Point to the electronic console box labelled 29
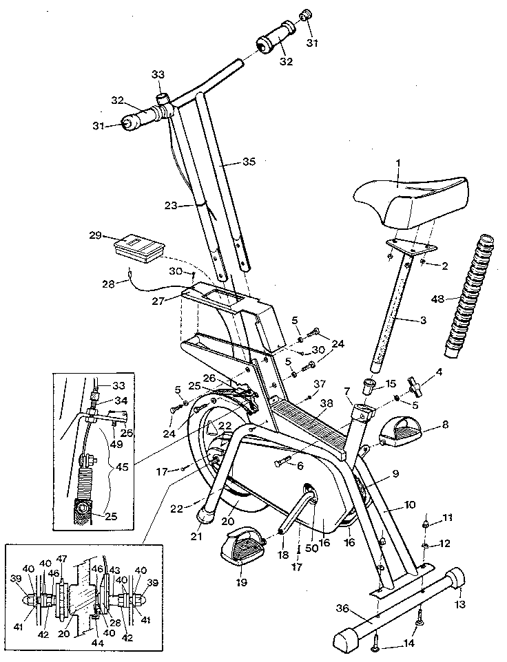click(x=140, y=247)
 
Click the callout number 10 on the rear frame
click(x=410, y=505)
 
